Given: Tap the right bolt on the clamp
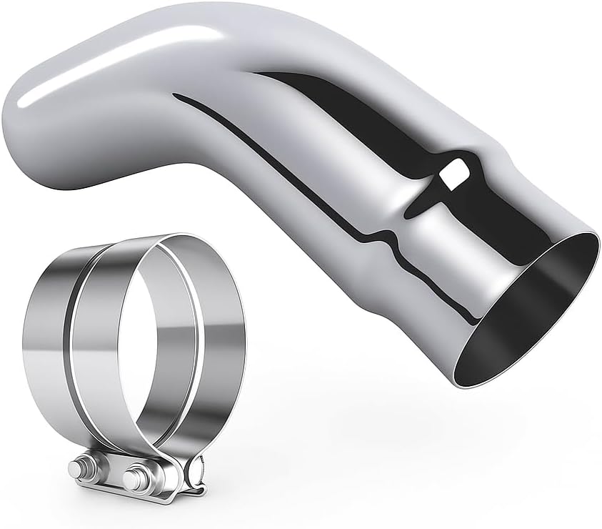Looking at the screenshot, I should pos(134,477).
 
